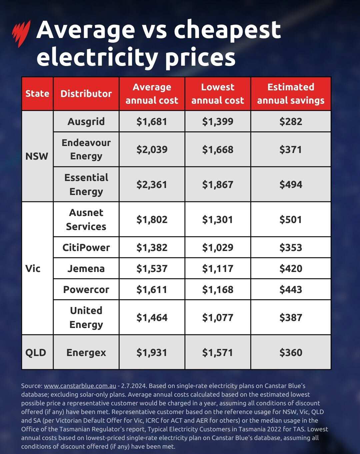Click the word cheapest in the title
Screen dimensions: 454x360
[227, 30]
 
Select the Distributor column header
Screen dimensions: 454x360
[86, 94]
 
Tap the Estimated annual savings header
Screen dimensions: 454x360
[291, 94]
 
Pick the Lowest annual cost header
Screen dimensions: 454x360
[218, 94]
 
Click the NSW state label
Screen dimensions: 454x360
[37, 156]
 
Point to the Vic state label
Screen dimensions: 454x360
[33, 268]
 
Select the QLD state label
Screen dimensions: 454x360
[36, 352]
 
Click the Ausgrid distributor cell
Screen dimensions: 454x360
[86, 121]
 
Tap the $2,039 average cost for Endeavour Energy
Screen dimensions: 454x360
[152, 149]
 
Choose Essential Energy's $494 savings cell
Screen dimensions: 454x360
[291, 184]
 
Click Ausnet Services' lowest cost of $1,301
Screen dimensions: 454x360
[218, 219]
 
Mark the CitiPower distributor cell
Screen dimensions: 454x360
[86, 247]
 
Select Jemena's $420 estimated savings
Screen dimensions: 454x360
[291, 268]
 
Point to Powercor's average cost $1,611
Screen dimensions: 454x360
[152, 289]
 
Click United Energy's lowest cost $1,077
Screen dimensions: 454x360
[218, 317]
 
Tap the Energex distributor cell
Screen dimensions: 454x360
[86, 352]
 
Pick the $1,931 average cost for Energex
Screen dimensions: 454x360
[152, 352]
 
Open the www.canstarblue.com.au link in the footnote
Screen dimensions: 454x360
[80, 386]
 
